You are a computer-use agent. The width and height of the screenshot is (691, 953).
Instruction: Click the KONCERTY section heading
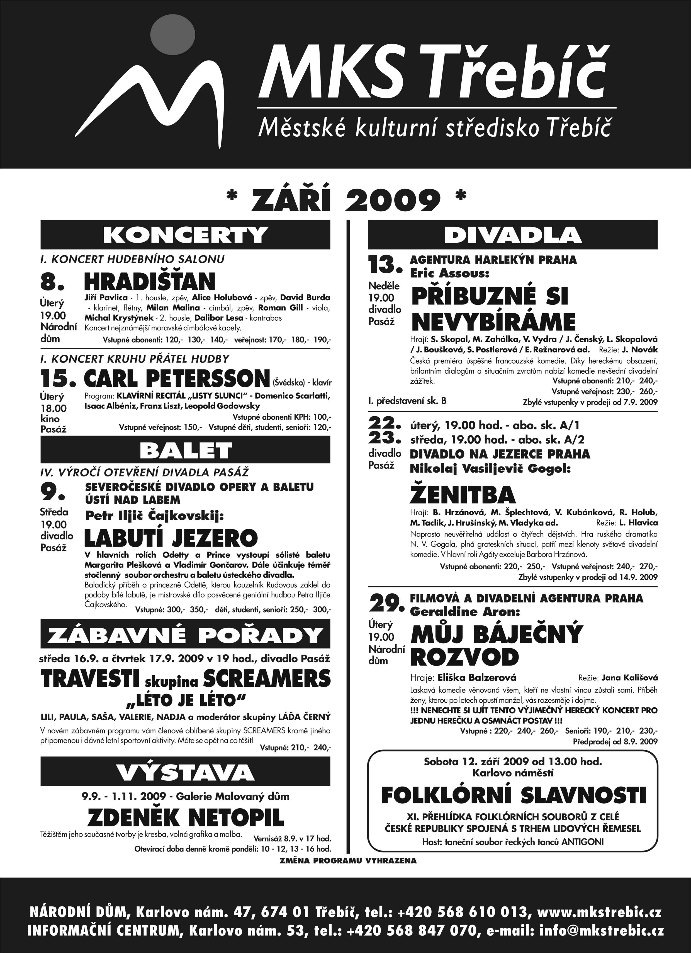coord(185,234)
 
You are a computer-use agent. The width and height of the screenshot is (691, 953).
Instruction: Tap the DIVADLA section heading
coord(513,234)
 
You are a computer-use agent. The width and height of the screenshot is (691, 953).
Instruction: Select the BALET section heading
coord(185,451)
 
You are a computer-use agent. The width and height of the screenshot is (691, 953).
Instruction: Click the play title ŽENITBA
coord(463,495)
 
